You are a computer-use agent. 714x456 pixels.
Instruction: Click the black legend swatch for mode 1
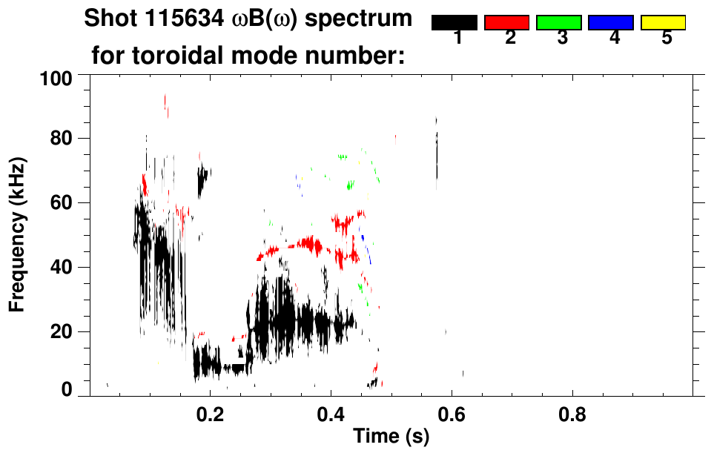(x=454, y=23)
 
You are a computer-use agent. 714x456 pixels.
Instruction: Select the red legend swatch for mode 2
(x=506, y=23)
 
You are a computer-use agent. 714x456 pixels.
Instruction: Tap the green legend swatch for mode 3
(x=559, y=23)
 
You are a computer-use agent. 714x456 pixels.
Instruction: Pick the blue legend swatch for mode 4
(x=611, y=23)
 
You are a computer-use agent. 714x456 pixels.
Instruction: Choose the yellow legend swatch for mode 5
(x=663, y=23)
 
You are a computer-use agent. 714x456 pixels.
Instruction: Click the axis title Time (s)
(x=390, y=437)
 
